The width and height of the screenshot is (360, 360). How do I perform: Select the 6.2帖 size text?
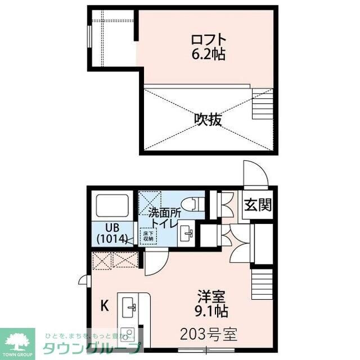click(209, 55)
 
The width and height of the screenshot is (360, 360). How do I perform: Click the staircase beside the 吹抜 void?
click(262, 107)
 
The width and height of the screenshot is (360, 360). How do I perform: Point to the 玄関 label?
click(258, 205)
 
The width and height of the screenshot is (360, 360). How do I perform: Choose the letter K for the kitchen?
click(104, 307)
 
